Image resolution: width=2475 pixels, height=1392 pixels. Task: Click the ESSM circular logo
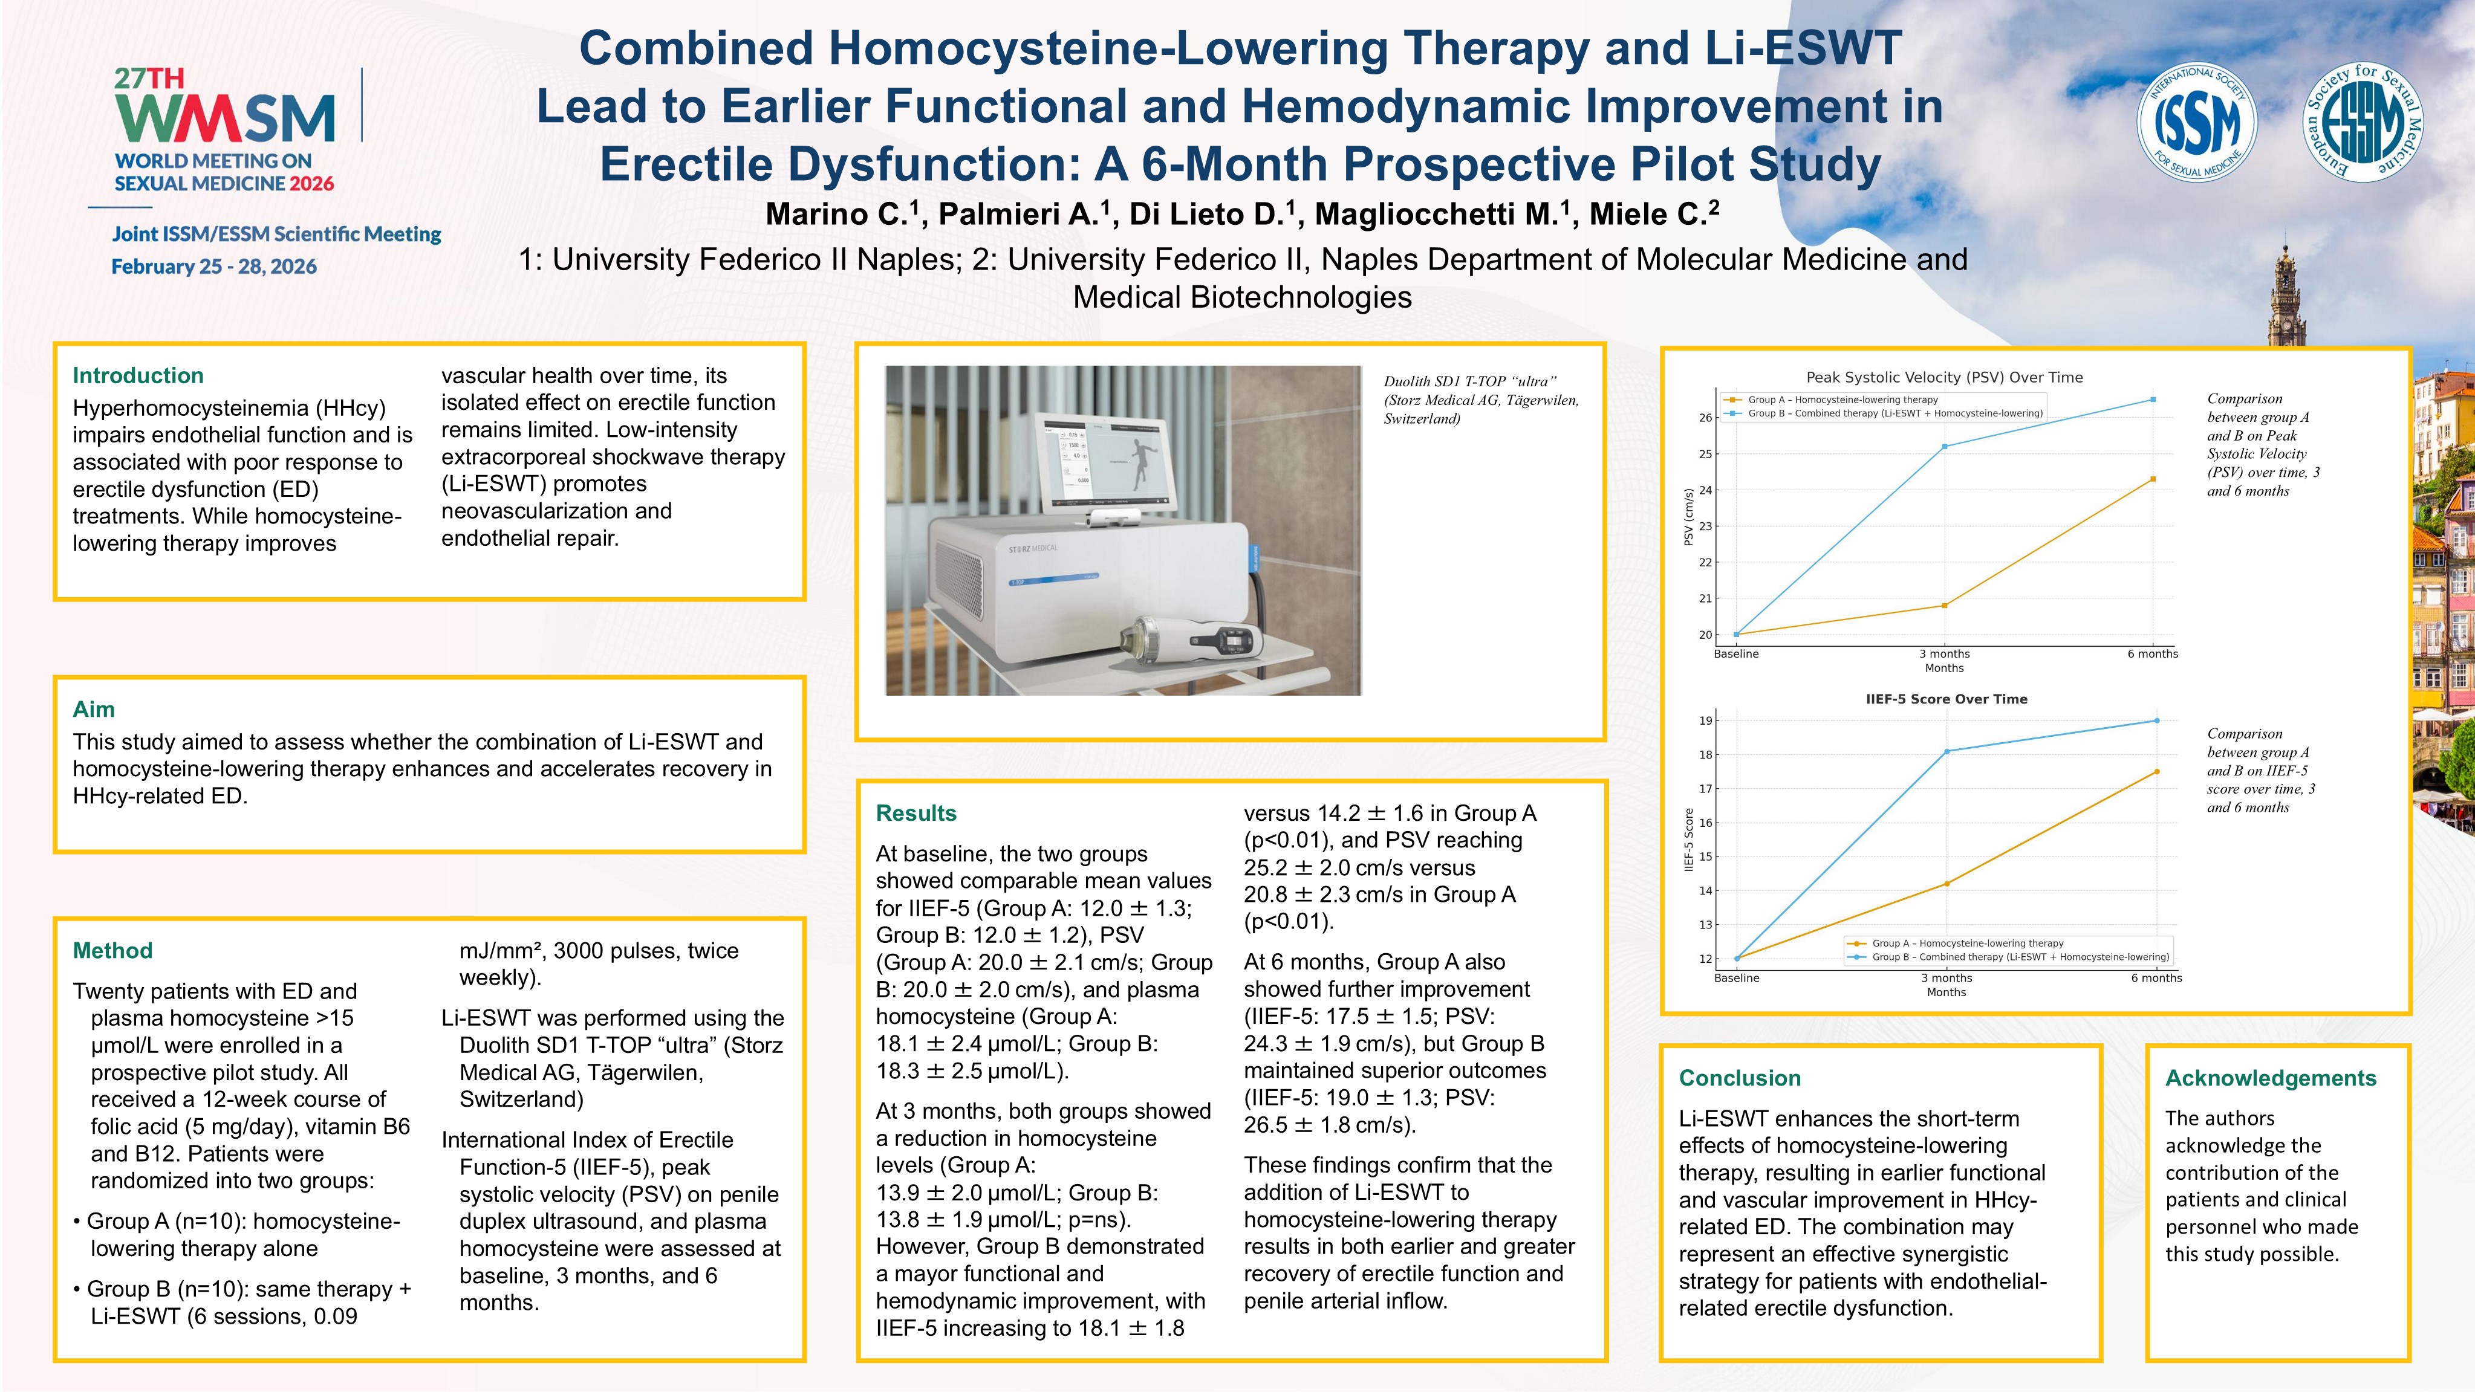point(2363,122)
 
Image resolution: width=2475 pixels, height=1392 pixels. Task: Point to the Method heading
point(112,950)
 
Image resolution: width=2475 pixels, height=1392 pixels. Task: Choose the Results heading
point(916,813)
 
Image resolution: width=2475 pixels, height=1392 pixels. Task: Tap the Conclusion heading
point(1740,1078)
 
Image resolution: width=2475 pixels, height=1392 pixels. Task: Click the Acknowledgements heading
point(2271,1078)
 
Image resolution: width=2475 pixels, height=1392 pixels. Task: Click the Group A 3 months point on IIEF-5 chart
point(1947,884)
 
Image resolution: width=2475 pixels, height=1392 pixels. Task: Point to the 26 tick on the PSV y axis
point(1705,418)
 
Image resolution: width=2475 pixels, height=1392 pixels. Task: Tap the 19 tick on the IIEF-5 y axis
point(1705,720)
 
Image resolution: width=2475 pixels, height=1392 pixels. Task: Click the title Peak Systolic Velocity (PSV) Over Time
point(1945,378)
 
